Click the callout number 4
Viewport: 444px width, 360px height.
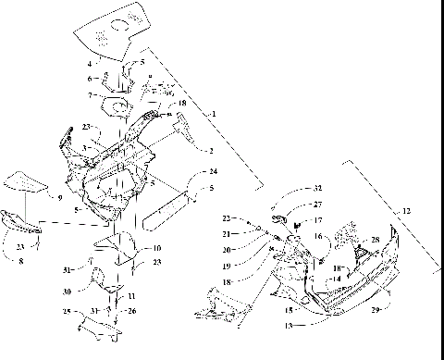pos(90,64)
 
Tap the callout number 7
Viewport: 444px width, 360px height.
pos(90,95)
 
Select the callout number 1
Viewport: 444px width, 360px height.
pos(214,113)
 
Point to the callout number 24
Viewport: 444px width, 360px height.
pos(213,172)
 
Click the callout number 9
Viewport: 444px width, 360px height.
pos(59,197)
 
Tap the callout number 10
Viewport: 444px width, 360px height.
pos(156,248)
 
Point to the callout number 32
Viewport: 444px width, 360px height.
pos(292,187)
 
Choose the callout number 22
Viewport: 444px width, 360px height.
pos(227,217)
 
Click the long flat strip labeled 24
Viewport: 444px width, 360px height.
pos(166,212)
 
